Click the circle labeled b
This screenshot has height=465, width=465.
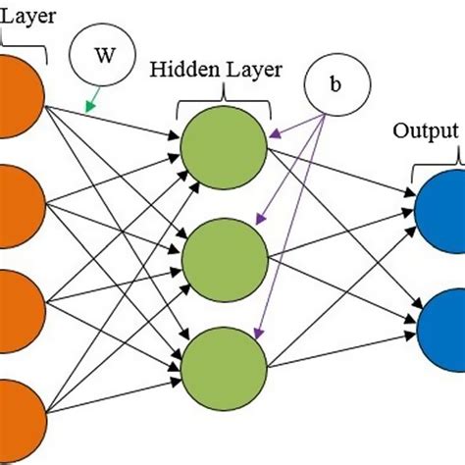[336, 83]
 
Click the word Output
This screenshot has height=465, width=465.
[425, 131]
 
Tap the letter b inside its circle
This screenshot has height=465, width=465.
[336, 83]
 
